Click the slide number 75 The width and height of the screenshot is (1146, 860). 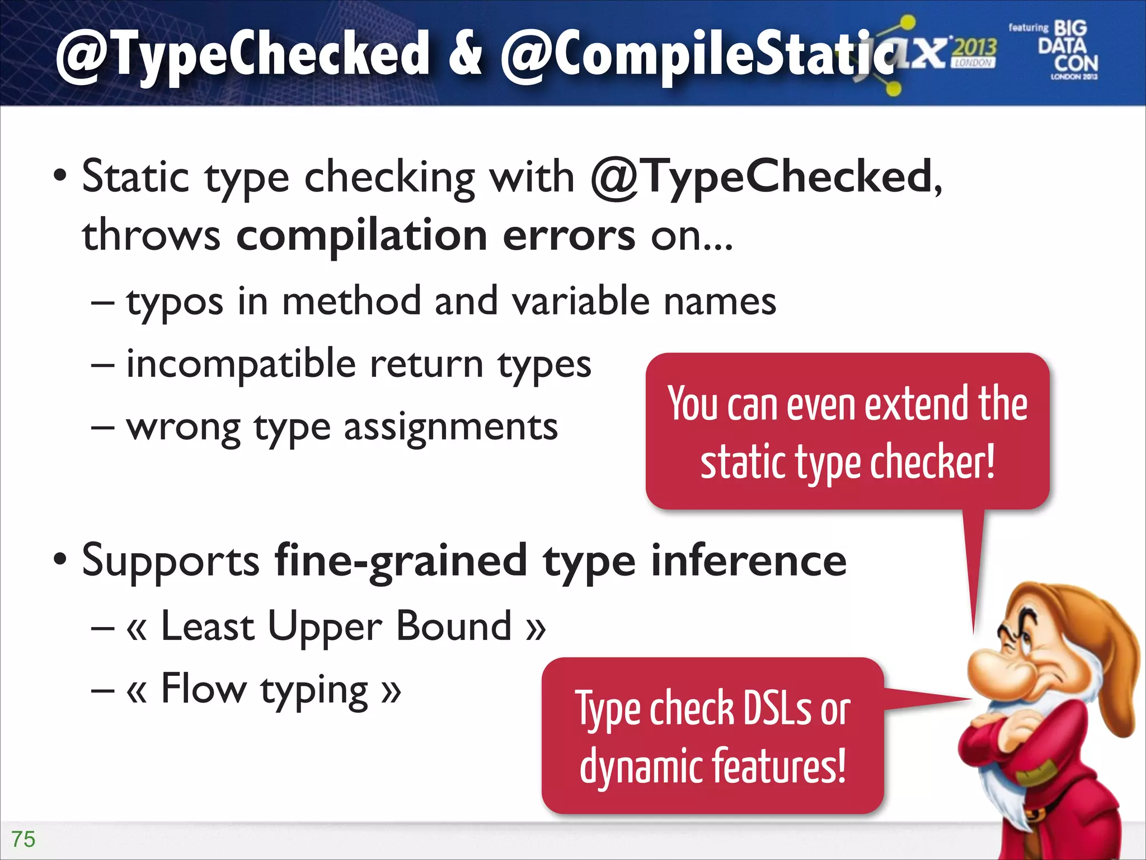(x=24, y=839)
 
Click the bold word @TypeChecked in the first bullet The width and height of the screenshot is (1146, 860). (x=762, y=177)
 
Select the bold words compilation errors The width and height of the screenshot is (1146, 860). (x=435, y=236)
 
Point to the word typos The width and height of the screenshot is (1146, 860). (x=174, y=303)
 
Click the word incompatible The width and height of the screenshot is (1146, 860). (x=241, y=365)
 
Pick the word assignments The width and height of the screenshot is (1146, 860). (x=450, y=428)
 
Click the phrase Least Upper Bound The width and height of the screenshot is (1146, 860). (x=336, y=627)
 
